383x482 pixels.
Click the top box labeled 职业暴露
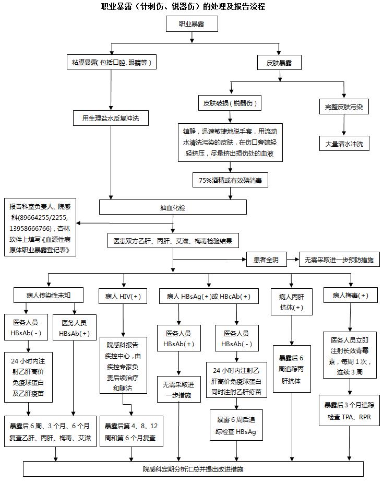click(x=191, y=23)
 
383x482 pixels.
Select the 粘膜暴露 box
click(x=112, y=63)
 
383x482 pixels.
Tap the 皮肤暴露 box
click(x=279, y=63)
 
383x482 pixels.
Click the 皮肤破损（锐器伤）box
click(x=230, y=103)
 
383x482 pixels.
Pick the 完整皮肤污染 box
click(x=343, y=108)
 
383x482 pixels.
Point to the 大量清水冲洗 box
click(x=344, y=144)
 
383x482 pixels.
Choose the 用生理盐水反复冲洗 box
click(x=111, y=119)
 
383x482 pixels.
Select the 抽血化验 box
click(x=173, y=207)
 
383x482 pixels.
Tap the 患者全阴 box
click(x=270, y=259)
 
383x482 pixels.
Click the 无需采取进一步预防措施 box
click(x=339, y=259)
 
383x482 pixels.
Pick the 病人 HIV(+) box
click(x=123, y=296)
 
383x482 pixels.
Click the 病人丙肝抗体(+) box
click(x=291, y=301)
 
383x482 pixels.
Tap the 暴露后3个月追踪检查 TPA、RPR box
click(x=349, y=411)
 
